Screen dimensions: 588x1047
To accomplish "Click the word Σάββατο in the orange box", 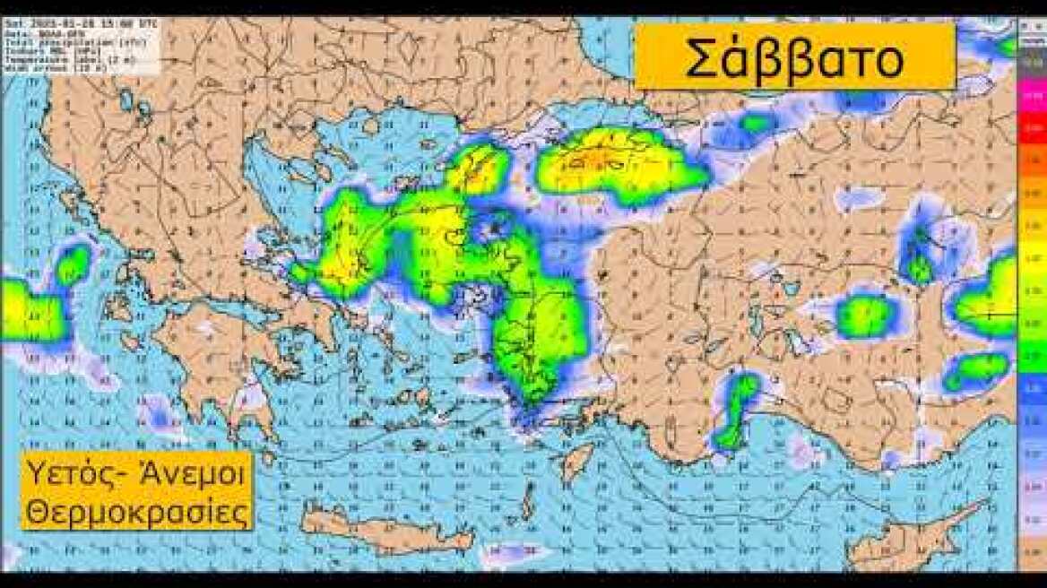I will click(794, 59).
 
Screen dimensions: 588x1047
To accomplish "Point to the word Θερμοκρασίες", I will click(136, 512).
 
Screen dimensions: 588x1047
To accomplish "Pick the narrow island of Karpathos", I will click(530, 498).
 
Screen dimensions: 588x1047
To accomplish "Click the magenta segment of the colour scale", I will click(1032, 93).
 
